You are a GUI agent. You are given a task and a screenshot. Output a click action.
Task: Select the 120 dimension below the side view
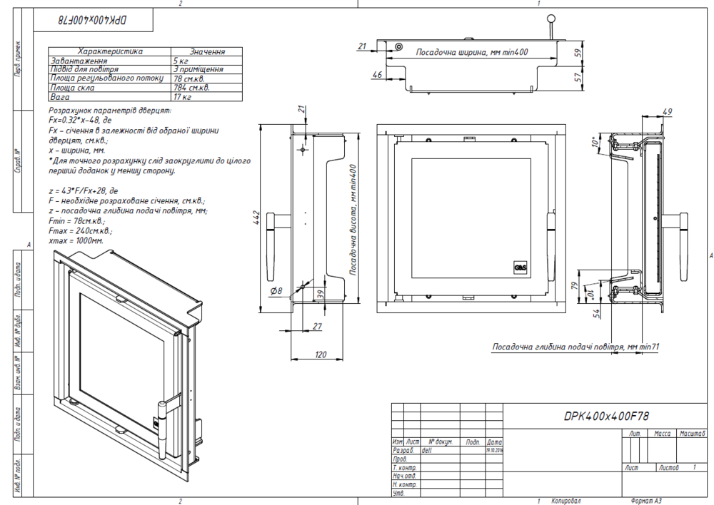[321, 354]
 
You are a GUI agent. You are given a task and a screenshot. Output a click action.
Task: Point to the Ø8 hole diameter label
[276, 291]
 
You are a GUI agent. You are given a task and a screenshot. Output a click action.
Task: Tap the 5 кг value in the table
[180, 61]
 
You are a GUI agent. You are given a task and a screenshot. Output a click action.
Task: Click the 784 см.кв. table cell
[191, 88]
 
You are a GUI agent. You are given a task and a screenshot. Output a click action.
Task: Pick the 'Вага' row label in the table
[58, 96]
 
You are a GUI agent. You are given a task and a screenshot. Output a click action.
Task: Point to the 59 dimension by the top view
[578, 51]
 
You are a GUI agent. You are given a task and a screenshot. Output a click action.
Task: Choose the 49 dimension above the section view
[668, 111]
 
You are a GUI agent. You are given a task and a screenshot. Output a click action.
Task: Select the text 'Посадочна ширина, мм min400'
[472, 53]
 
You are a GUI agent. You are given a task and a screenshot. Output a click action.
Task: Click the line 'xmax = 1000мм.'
[76, 241]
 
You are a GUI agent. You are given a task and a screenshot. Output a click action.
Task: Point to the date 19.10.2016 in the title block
[494, 450]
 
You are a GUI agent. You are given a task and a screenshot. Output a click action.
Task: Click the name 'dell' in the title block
[428, 451]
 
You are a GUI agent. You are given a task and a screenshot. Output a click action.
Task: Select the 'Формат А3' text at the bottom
[650, 501]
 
